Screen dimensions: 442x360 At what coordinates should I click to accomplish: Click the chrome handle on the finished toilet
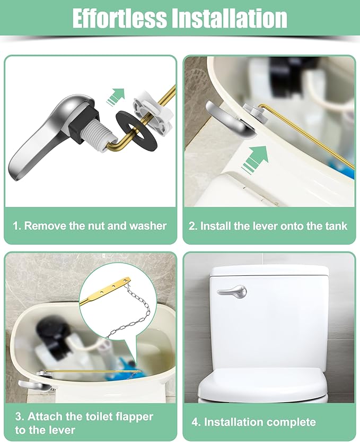pyautogui.click(x=233, y=292)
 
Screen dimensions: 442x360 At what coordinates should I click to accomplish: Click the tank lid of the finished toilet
pyautogui.click(x=269, y=271)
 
